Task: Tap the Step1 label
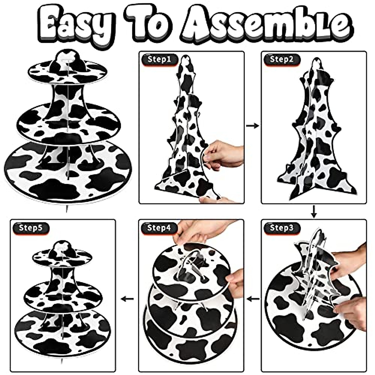pos(160,60)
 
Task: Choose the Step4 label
pos(159,228)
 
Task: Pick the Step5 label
pos(31,228)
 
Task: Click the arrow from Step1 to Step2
pos(252,126)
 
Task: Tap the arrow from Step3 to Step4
pos(253,299)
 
